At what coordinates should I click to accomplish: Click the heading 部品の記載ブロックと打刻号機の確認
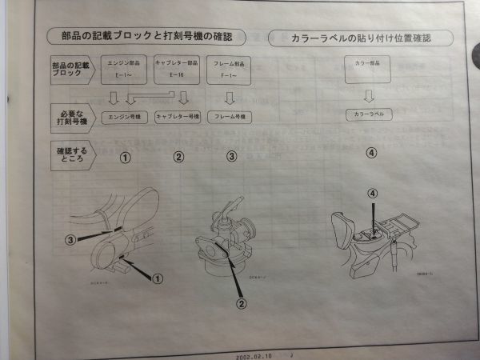(x=153, y=37)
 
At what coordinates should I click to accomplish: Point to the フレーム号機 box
(x=230, y=117)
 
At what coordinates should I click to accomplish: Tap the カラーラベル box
(x=370, y=115)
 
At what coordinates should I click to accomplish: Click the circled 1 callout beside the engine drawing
(x=158, y=278)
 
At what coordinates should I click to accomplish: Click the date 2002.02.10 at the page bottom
(x=254, y=354)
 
